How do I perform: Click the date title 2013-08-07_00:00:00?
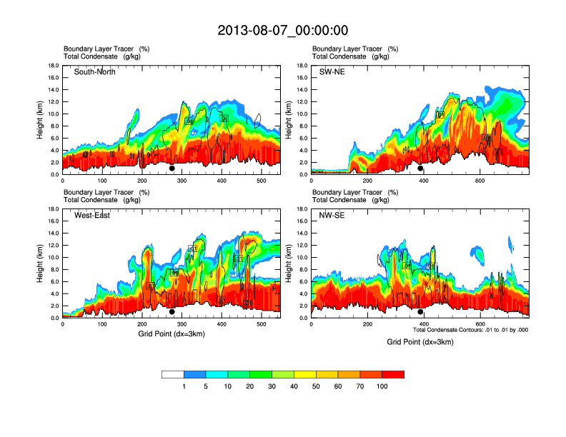(282, 30)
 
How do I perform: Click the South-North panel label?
(95, 71)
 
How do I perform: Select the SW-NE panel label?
(332, 71)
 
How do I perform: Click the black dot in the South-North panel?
(172, 169)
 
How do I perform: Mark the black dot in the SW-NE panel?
(420, 169)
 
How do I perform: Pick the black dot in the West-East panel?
(172, 312)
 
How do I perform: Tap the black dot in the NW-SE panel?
(420, 312)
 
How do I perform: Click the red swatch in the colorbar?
(393, 374)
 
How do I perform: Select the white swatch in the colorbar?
(173, 374)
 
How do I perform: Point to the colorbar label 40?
(294, 386)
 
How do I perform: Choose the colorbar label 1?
(184, 386)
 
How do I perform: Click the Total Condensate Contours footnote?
(470, 329)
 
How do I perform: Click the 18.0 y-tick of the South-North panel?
(53, 66)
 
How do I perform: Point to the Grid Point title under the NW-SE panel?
(420, 342)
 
